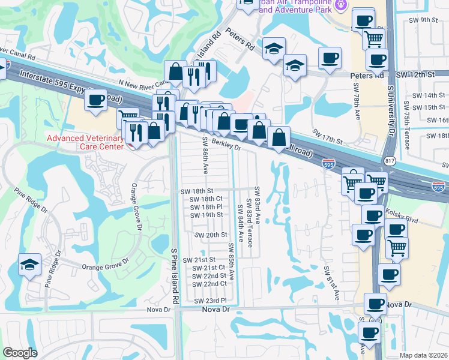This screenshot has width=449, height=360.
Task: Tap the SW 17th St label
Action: click(x=327, y=136)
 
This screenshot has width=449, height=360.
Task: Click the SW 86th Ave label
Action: click(x=205, y=155)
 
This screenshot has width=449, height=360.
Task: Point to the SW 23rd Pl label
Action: click(x=209, y=300)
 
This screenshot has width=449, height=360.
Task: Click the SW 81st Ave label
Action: click(x=332, y=283)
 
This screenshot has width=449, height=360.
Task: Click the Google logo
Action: click(x=20, y=353)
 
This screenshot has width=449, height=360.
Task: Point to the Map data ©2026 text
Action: click(x=423, y=355)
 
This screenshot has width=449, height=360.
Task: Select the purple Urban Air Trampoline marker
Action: click(x=341, y=5)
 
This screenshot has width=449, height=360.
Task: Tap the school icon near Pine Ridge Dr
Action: click(x=29, y=265)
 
